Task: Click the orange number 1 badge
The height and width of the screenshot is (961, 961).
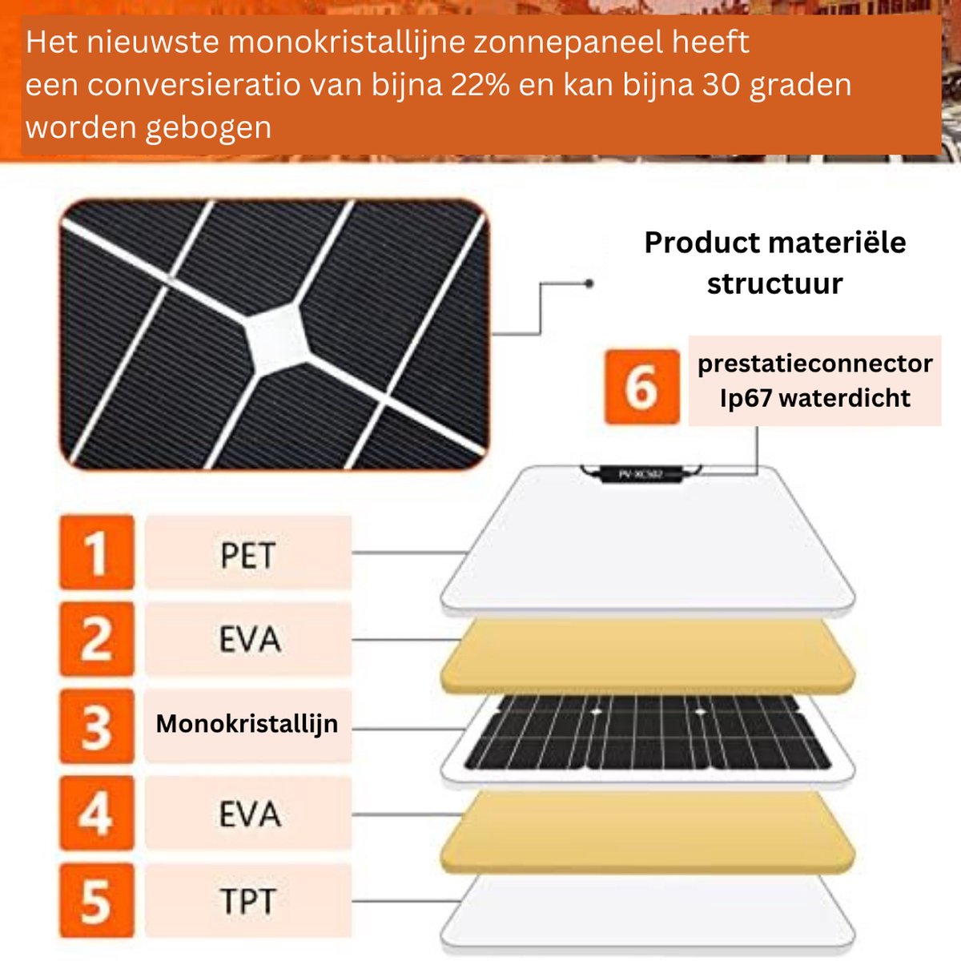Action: [x=96, y=553]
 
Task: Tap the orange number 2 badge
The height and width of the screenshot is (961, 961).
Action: [x=96, y=639]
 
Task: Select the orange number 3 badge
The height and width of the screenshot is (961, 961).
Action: [x=96, y=726]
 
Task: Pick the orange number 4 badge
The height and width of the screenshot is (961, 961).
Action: [x=96, y=813]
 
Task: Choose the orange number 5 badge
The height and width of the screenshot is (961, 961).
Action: [x=96, y=900]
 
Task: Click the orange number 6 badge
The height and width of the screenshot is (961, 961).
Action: [x=641, y=387]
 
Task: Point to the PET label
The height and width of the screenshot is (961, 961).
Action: [x=247, y=555]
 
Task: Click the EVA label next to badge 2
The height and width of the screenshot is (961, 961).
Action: [x=249, y=640]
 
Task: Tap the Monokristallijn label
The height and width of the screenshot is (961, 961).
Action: [x=247, y=724]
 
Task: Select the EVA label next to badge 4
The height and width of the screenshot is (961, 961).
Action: [x=249, y=814]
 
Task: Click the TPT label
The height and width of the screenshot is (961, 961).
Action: [x=247, y=901]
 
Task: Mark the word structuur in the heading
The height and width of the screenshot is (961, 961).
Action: [x=774, y=283]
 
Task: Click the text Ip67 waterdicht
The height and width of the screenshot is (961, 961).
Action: [x=814, y=398]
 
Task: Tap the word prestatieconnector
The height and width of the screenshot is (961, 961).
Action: [x=814, y=364]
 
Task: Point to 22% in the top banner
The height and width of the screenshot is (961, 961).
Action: [x=480, y=85]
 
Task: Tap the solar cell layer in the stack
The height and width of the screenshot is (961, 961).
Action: [x=647, y=733]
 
